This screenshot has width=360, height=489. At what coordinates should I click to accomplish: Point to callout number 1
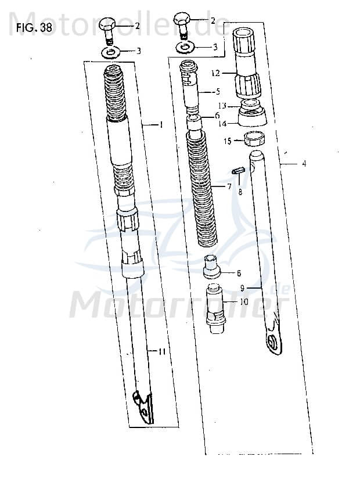coord(162,125)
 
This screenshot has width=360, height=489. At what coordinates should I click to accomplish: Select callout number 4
coord(304,164)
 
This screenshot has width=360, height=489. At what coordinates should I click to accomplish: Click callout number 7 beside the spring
coord(229,186)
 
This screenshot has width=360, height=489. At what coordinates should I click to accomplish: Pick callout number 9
coord(242,287)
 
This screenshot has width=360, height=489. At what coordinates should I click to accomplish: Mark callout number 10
coord(244,302)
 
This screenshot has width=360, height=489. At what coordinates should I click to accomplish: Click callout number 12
coord(217,74)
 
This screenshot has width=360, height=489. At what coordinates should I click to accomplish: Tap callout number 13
coord(221,106)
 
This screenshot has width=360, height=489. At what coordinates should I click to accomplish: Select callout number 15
coord(227,141)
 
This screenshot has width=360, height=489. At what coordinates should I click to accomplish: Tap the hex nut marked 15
coord(253,139)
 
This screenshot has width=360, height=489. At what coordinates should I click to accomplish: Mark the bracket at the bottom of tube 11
coord(143,407)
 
